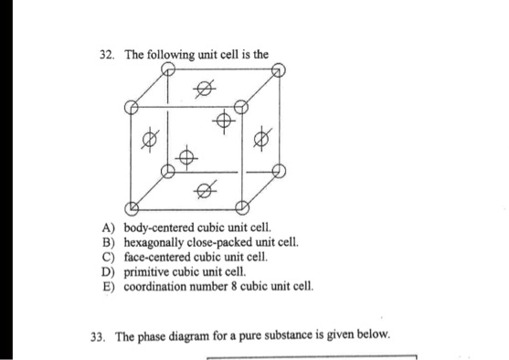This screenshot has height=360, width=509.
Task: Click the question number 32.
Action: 106,55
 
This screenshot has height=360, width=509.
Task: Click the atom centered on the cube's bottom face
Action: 204,190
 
